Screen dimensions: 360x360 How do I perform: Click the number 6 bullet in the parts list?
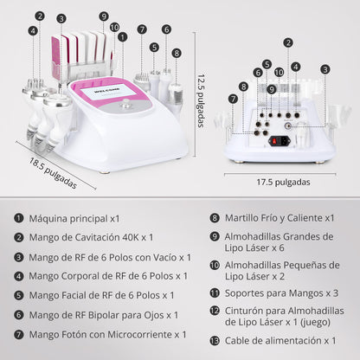pyautogui.click(x=18, y=314)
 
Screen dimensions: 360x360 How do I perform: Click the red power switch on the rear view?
pyautogui.click(x=280, y=140)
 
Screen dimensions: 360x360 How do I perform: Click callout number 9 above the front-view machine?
pyautogui.click(x=104, y=16)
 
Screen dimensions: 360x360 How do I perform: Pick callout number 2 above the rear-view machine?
pyautogui.click(x=287, y=42)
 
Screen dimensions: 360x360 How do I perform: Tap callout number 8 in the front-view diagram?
pyautogui.click(x=177, y=52)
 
